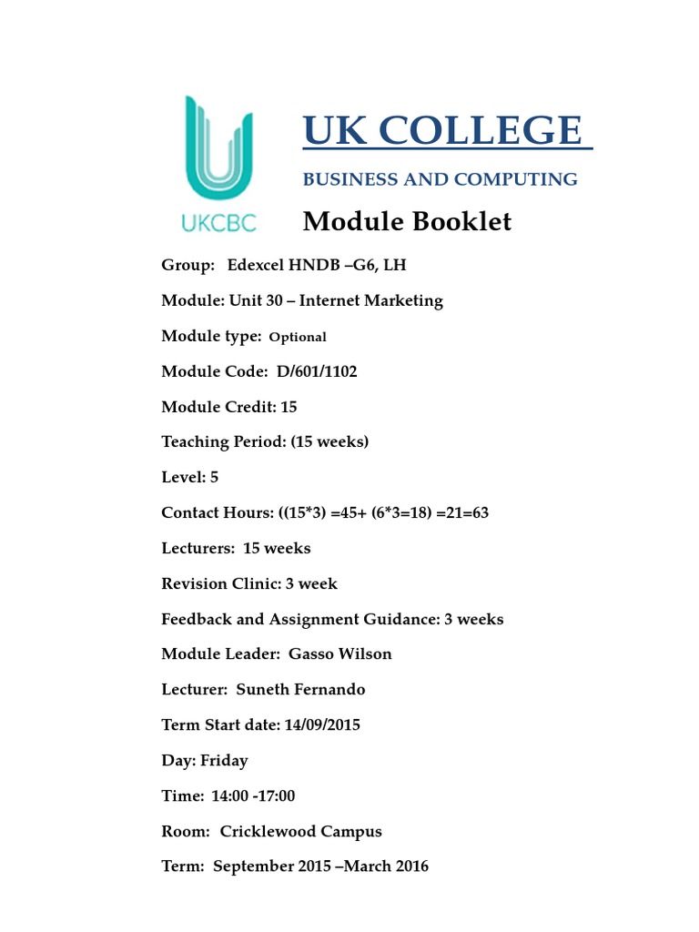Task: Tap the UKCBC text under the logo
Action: point(219,222)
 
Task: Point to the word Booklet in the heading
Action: point(462,221)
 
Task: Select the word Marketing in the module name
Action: point(401,300)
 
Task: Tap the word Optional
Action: point(298,337)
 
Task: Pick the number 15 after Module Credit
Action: point(289,407)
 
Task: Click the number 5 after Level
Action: point(214,477)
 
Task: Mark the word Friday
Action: point(224,760)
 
